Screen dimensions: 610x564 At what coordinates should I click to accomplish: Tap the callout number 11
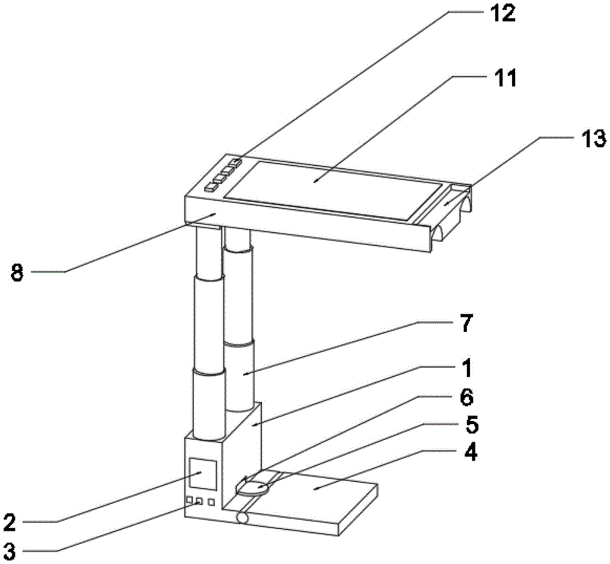[x=504, y=78]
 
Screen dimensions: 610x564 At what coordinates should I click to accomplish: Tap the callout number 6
[x=467, y=398]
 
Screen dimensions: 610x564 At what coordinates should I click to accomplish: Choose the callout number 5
[x=472, y=426]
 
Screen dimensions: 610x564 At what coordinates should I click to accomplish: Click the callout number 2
[x=9, y=522]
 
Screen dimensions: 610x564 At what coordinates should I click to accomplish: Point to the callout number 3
[x=9, y=551]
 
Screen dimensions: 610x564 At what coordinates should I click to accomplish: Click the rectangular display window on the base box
[x=203, y=474]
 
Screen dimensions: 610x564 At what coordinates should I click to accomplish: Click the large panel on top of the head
[x=334, y=190]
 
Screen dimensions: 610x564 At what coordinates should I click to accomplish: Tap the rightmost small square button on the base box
[x=211, y=502]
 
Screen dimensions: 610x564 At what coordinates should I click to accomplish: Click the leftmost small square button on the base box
[x=190, y=499]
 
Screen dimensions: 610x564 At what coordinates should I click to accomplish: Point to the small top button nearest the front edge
[x=210, y=187]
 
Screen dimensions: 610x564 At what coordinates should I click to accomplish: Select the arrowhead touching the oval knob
[x=246, y=479]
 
